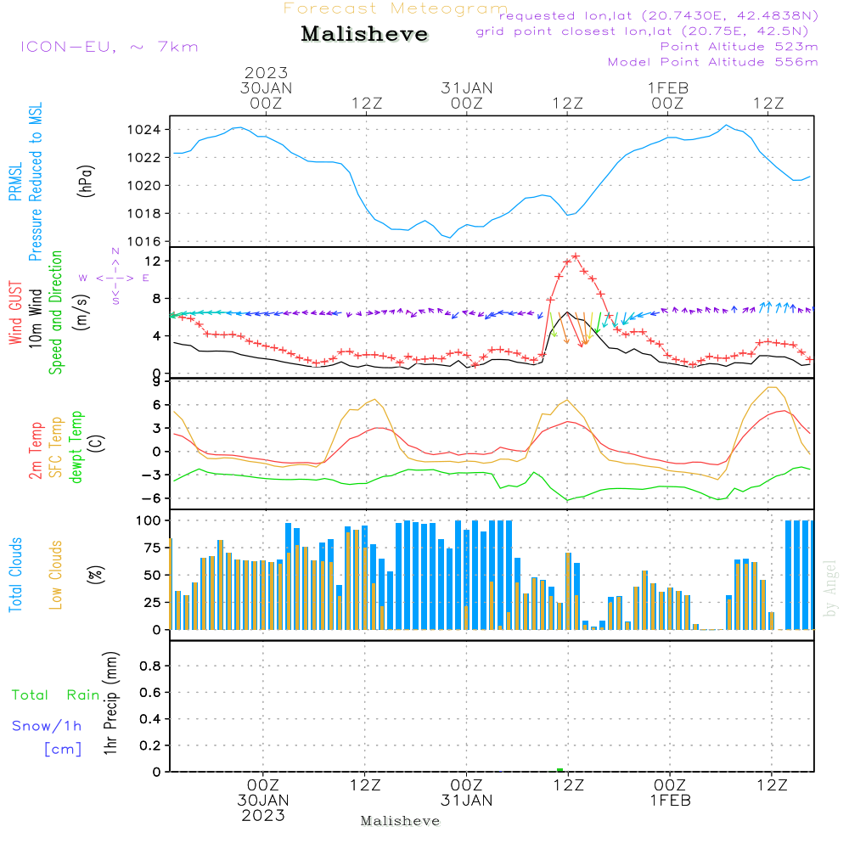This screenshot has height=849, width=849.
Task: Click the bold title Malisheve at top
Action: tap(364, 34)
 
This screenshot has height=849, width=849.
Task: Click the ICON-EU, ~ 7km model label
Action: tap(109, 47)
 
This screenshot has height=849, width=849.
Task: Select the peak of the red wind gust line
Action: tap(576, 256)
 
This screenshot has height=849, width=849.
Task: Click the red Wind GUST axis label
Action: tap(15, 314)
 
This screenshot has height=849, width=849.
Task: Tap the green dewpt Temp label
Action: tap(77, 447)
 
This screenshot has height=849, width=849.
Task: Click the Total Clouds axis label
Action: tap(15, 575)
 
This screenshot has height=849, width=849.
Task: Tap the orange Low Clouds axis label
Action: tap(56, 575)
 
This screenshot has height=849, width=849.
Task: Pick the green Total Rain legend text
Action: tap(55, 694)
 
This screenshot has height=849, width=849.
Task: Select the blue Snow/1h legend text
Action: tap(47, 726)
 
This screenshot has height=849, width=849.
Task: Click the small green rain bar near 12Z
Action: tap(559, 769)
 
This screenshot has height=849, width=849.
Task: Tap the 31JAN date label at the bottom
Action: tap(466, 801)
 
